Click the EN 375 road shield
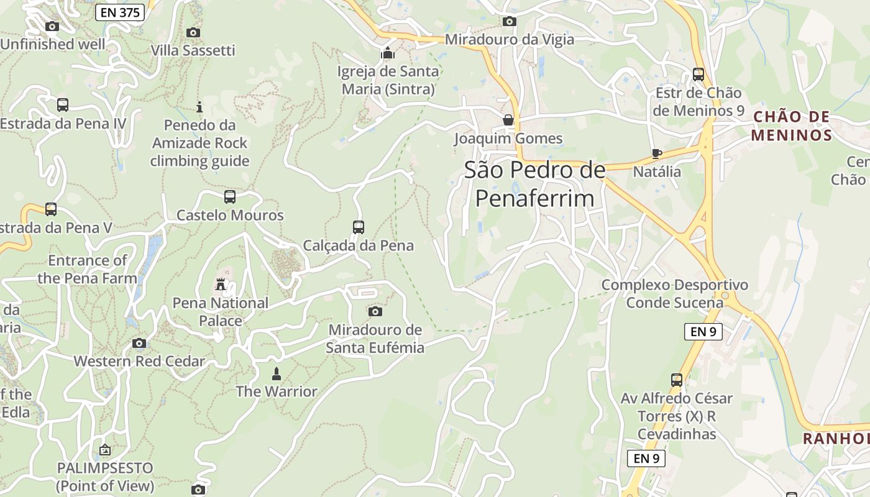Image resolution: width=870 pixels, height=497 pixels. pyautogui.click(x=120, y=12)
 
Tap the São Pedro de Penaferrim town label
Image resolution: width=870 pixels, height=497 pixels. pyautogui.click(x=534, y=184)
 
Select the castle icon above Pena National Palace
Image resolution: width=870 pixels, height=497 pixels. pyautogui.click(x=221, y=285)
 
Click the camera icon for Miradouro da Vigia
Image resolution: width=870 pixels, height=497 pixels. pyautogui.click(x=509, y=21)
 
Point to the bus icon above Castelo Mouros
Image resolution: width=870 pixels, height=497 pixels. pyautogui.click(x=230, y=197)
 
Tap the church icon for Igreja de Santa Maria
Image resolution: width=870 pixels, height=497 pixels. pyautogui.click(x=388, y=53)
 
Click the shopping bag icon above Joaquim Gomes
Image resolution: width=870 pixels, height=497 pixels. pyautogui.click(x=508, y=119)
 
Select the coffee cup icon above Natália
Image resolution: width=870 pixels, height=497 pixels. pyautogui.click(x=657, y=153)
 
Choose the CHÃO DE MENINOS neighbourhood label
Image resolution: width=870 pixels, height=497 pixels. pyautogui.click(x=791, y=126)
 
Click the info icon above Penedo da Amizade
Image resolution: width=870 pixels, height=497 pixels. pyautogui.click(x=199, y=107)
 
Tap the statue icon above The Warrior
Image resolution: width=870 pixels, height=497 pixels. pyautogui.click(x=277, y=373)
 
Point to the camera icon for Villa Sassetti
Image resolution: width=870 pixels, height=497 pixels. pyautogui.click(x=193, y=32)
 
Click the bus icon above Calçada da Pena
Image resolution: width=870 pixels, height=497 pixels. pyautogui.click(x=359, y=227)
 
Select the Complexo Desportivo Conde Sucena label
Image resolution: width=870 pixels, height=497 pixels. pyautogui.click(x=675, y=294)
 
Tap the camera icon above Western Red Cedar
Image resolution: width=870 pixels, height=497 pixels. pyautogui.click(x=139, y=343)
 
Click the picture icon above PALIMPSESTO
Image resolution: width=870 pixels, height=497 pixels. pyautogui.click(x=105, y=450)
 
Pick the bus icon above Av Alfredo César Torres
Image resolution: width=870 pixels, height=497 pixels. pyautogui.click(x=677, y=380)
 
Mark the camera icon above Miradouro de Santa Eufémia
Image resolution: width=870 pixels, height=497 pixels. pyautogui.click(x=375, y=311)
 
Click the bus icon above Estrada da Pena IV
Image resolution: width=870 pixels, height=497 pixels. pyautogui.click(x=63, y=105)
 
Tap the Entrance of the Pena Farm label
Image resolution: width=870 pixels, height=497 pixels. pyautogui.click(x=87, y=269)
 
